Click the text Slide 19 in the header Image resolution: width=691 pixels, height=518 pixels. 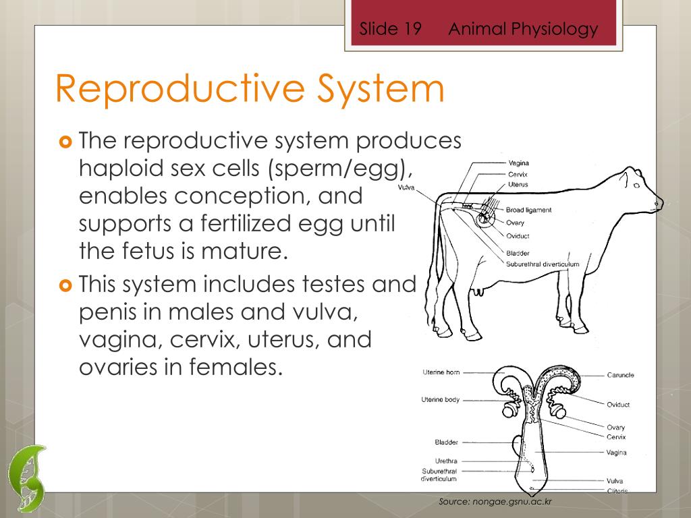tap(390, 29)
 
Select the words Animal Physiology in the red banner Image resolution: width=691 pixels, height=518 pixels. tap(523, 29)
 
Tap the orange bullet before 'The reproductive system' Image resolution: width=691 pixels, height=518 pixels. tap(65, 142)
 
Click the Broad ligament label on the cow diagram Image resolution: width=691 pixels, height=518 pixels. tap(528, 210)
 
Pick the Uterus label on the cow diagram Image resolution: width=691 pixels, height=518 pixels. tap(518, 185)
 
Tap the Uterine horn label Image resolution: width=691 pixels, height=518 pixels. tap(441, 372)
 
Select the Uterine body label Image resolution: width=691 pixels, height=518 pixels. tap(441, 399)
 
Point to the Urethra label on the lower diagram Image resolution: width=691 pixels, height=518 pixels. tap(446, 461)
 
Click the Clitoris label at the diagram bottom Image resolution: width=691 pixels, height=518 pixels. tap(617, 491)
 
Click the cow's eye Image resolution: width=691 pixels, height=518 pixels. tap(634, 185)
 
